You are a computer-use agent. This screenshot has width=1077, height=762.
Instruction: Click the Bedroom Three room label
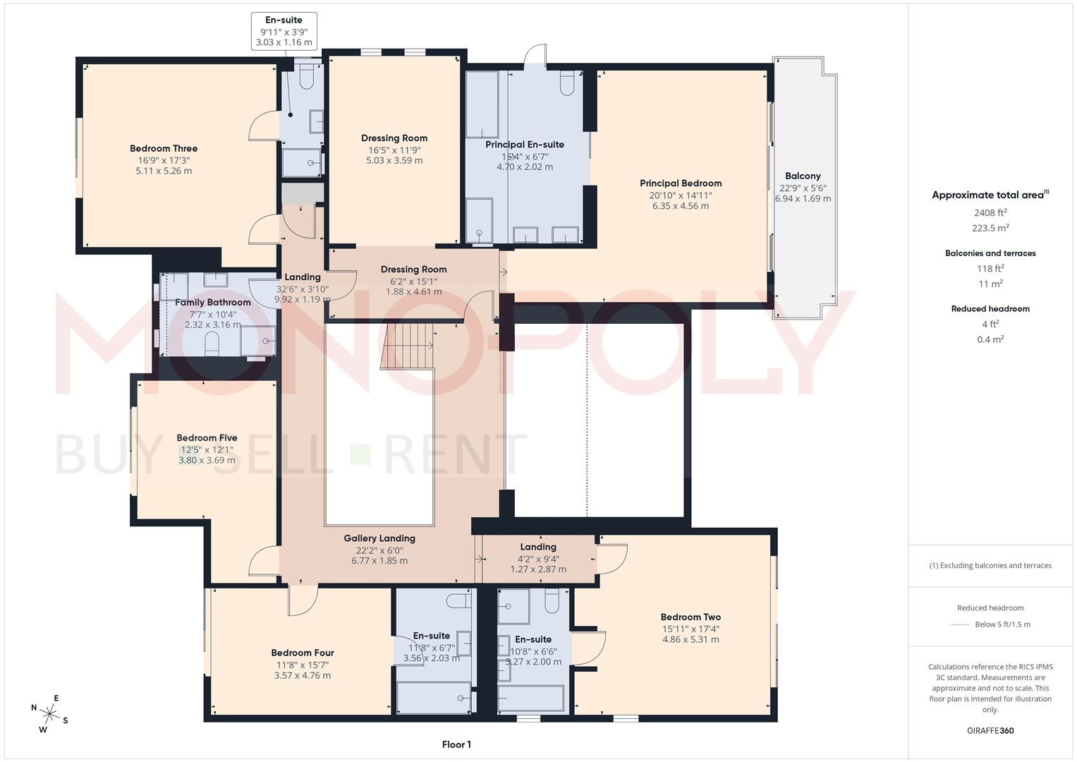click(164, 148)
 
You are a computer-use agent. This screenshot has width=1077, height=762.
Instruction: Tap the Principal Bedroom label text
click(681, 183)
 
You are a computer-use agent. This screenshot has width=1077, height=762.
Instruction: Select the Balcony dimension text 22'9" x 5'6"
click(803, 188)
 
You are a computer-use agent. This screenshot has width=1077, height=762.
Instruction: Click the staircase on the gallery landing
click(407, 346)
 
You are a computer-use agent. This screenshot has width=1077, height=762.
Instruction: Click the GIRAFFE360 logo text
click(990, 730)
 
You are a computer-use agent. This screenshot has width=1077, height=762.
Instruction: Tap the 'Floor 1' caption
click(456, 744)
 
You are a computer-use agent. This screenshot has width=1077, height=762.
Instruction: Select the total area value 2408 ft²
click(990, 212)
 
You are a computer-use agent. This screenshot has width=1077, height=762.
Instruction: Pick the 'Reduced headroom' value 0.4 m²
click(990, 339)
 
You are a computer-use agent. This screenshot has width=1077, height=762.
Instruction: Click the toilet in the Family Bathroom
click(211, 343)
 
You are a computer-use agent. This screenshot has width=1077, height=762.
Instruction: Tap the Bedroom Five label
click(207, 437)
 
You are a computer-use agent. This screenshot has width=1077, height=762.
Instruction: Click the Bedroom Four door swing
click(302, 600)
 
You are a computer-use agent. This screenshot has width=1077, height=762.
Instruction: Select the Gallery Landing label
click(379, 538)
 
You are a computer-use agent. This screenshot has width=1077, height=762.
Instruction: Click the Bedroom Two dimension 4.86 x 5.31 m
click(690, 640)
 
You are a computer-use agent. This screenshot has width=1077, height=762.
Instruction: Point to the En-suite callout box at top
click(284, 31)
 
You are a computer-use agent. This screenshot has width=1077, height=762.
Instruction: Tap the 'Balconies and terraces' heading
click(990, 253)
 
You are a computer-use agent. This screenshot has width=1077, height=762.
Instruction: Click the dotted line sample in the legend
click(960, 624)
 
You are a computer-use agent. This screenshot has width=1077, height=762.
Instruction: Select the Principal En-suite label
click(525, 145)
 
